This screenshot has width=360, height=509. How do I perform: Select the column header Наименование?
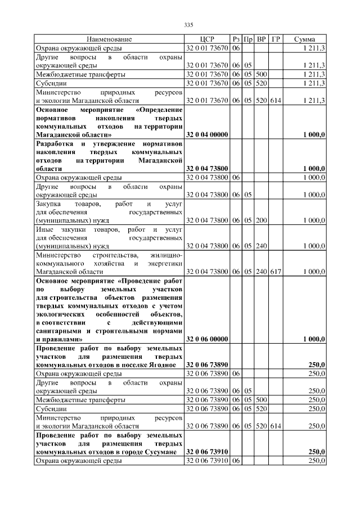pyautogui.click(x=109, y=39)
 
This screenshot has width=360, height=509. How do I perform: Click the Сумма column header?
pyautogui.click(x=308, y=39)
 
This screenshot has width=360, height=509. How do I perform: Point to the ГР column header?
pyautogui.click(x=276, y=39)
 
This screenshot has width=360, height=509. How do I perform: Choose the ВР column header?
pyautogui.click(x=261, y=39)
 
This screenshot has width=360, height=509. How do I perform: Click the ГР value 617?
pyautogui.click(x=276, y=272)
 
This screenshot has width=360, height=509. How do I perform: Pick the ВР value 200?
pyautogui.click(x=261, y=220)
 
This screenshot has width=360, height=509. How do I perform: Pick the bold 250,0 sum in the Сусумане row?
pyautogui.click(x=317, y=452)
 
